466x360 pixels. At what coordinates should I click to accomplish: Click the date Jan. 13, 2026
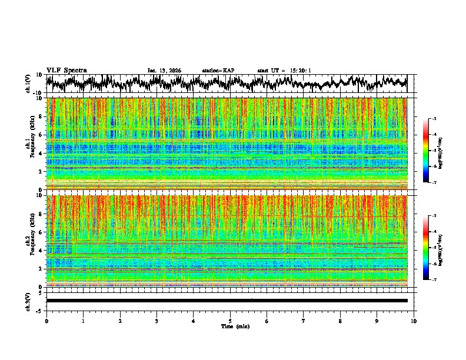point(164,71)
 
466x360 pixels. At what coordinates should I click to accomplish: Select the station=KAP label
point(218,71)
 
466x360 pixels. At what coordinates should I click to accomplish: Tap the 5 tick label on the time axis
point(230,321)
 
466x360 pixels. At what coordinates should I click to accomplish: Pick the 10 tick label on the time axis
point(414,321)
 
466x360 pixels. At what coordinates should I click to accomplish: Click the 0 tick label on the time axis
point(46,321)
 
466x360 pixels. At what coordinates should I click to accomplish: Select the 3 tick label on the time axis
point(157,321)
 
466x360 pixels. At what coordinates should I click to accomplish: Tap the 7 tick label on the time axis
point(304,321)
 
